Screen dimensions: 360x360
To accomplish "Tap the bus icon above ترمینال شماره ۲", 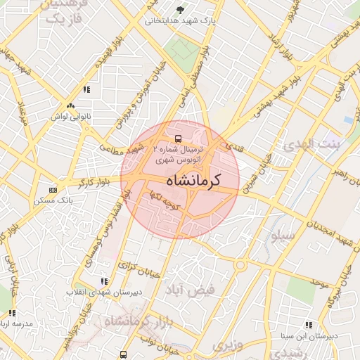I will pyautogui.click(x=178, y=139).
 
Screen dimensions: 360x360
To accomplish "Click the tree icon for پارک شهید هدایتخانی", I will pyautogui.click(x=181, y=10).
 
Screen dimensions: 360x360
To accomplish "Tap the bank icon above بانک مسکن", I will pyautogui.click(x=53, y=190).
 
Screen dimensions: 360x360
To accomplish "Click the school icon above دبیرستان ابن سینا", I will pyautogui.click(x=309, y=325).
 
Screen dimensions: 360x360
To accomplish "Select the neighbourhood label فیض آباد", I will pyautogui.click(x=189, y=289).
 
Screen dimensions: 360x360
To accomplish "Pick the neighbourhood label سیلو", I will pyautogui.click(x=283, y=236).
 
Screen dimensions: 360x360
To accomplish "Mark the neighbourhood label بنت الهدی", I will pyautogui.click(x=309, y=145).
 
